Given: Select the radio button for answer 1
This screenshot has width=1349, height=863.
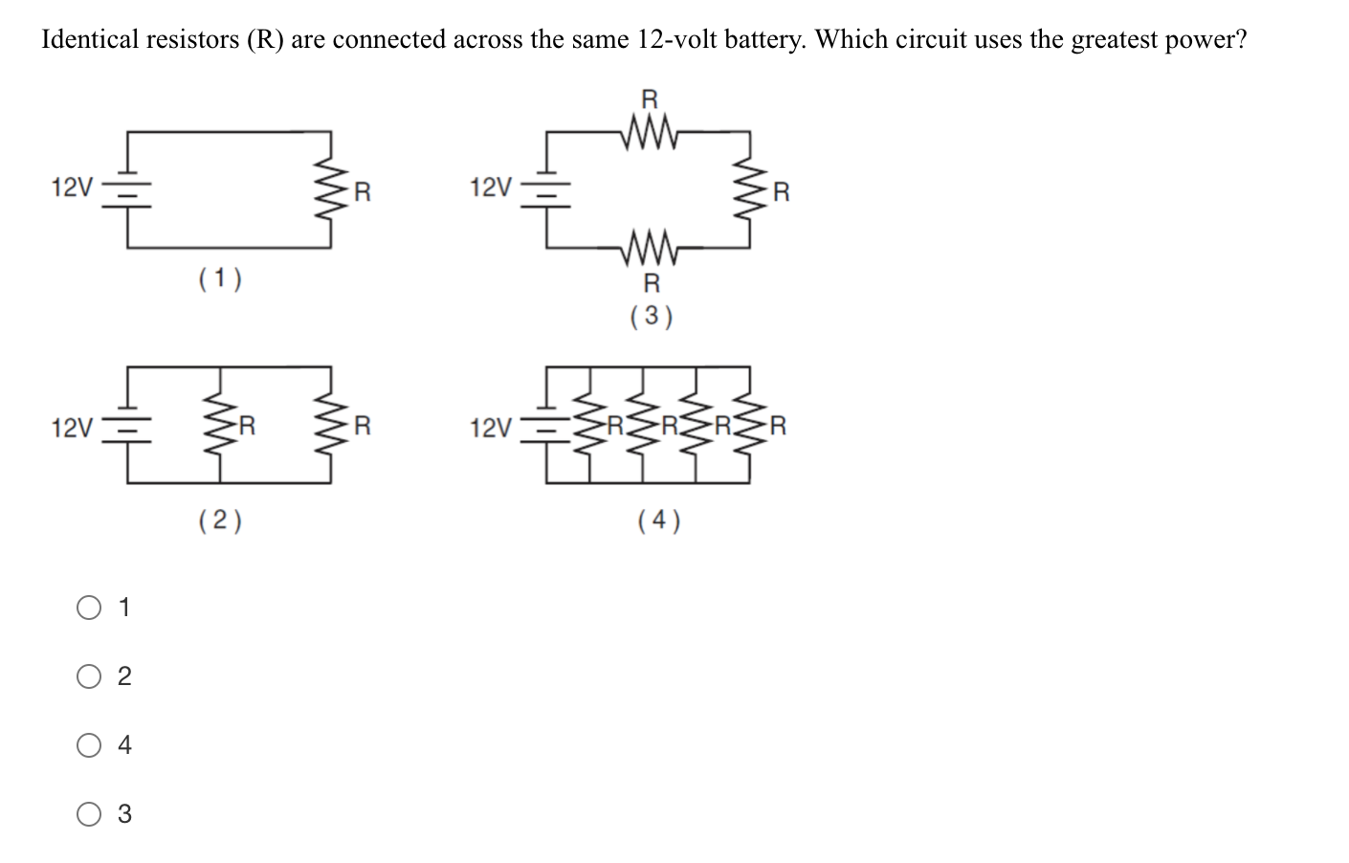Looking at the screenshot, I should point(89,608).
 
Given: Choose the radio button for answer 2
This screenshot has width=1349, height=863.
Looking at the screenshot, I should point(89,676).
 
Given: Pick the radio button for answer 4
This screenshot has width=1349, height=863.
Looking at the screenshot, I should point(89,745).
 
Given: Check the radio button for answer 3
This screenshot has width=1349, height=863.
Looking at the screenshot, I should point(89,814).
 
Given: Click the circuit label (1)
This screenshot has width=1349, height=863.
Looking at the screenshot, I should point(220,279).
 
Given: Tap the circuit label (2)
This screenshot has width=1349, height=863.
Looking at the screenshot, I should point(220,520).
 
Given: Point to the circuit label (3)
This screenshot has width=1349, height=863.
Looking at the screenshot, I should point(652,316).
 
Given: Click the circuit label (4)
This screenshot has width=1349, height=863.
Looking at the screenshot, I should point(659,520).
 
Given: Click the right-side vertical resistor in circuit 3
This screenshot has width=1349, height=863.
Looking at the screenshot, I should point(747,189).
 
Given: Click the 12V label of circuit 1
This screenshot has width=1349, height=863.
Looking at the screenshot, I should point(73,188).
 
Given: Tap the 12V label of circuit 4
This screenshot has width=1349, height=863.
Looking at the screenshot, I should point(492,428).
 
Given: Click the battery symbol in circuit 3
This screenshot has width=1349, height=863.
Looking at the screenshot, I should point(546,188).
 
